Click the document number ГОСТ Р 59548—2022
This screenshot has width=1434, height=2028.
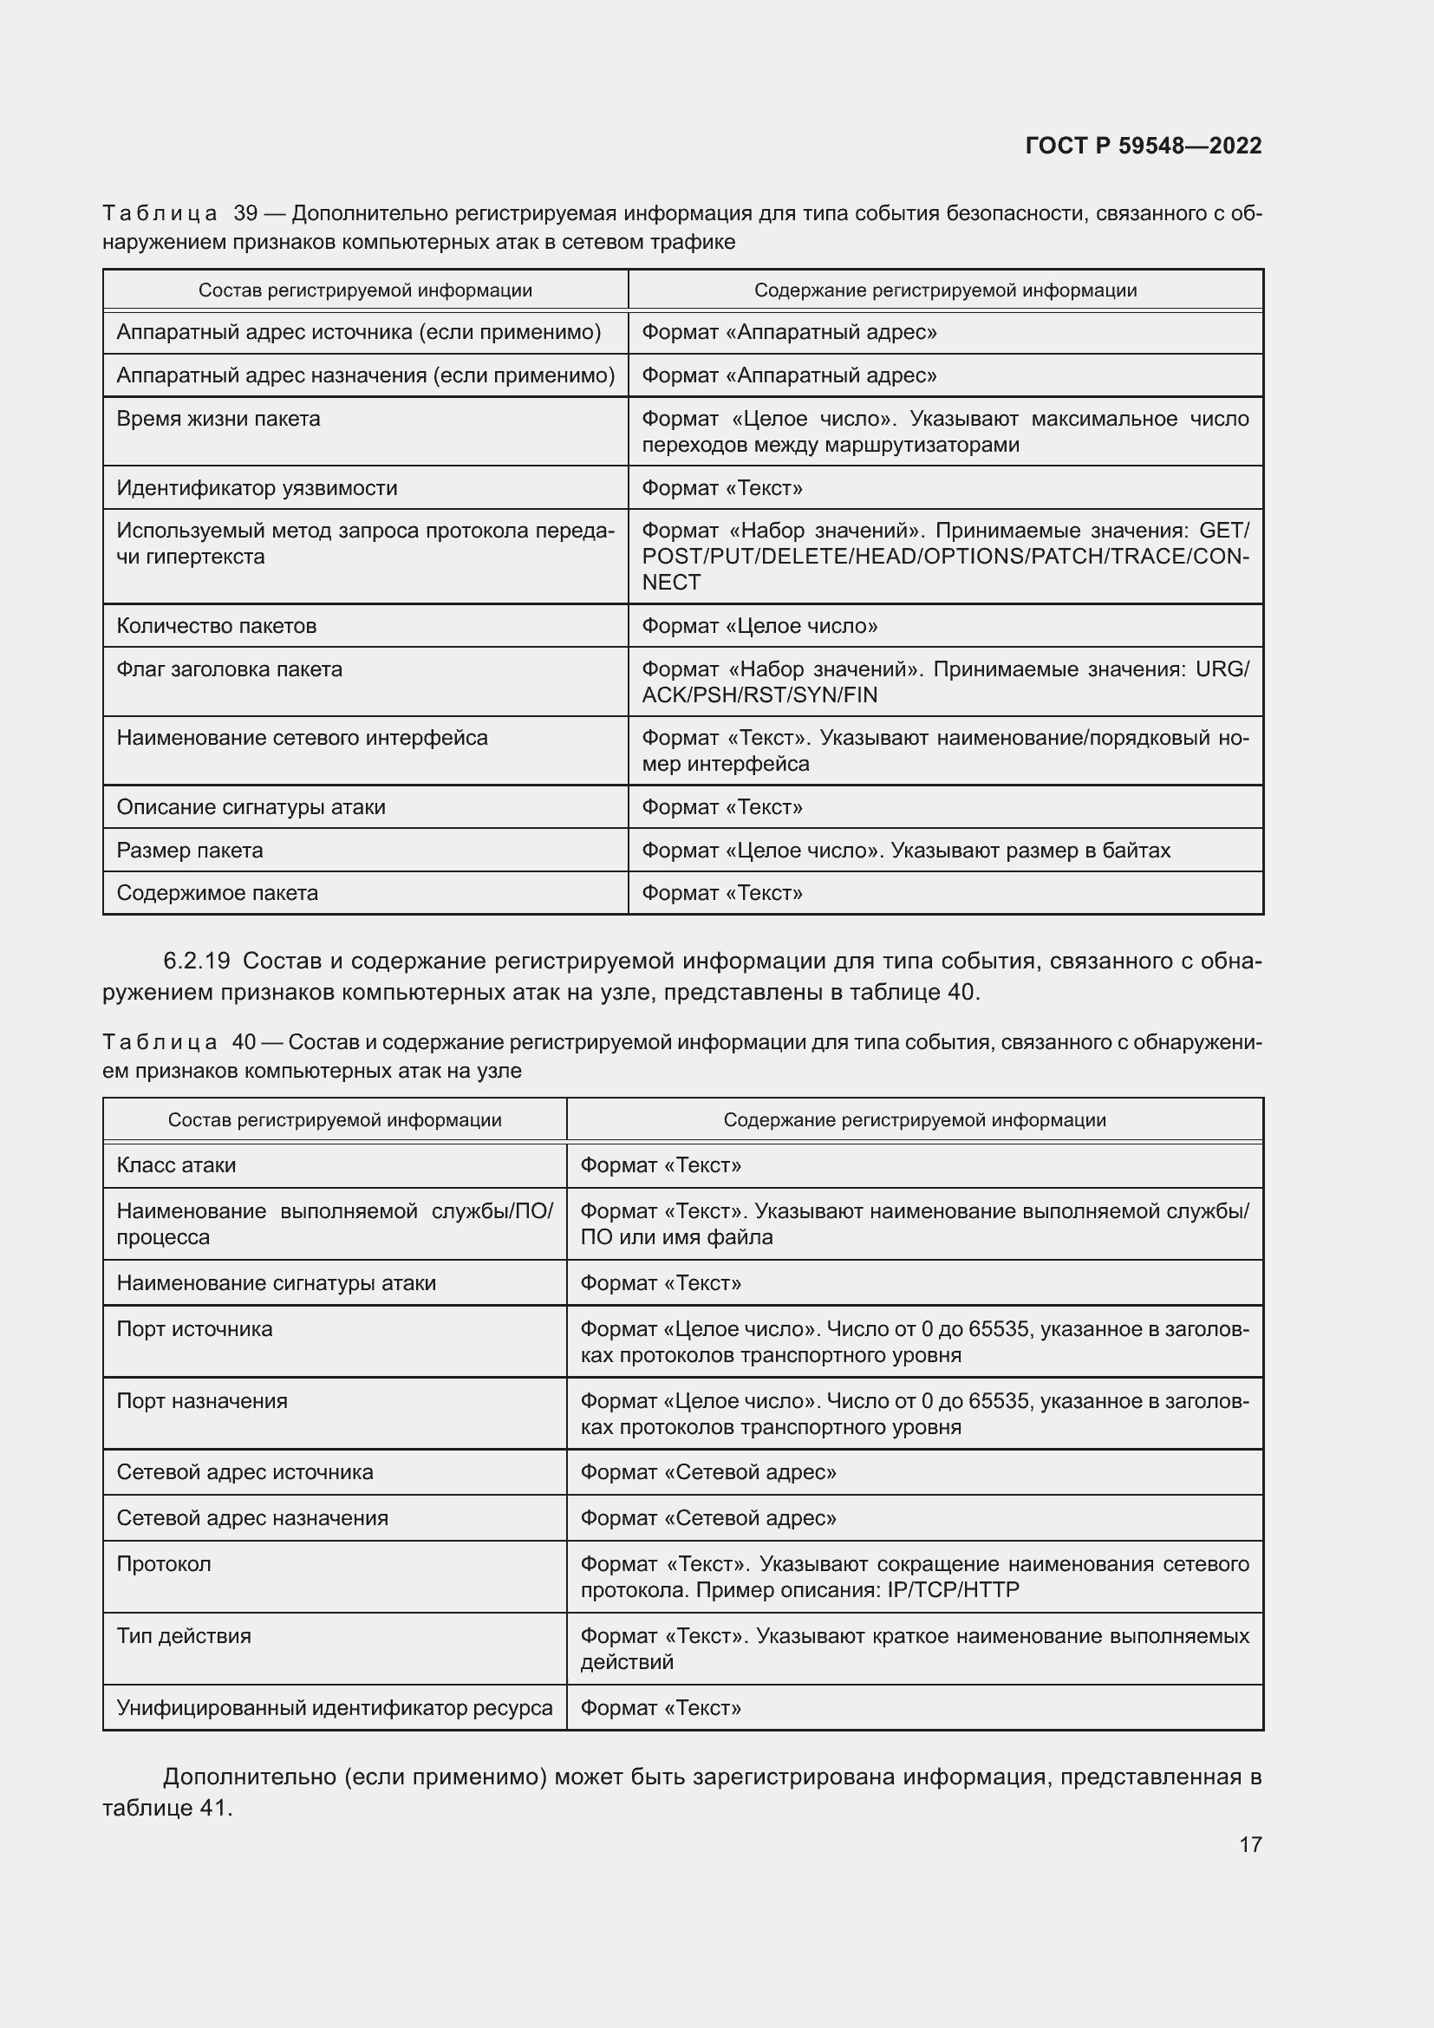pos(1143,146)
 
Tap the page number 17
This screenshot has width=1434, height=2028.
pos(1249,1844)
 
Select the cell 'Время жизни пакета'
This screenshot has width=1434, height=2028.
pos(218,419)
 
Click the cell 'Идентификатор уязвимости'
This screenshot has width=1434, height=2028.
pos(256,487)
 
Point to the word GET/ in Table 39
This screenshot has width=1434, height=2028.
pos(1223,531)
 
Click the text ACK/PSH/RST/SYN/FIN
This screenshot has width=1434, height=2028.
pos(759,695)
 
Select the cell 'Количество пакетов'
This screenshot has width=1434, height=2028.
pos(216,626)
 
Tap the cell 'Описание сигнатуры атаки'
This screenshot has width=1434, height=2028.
pos(251,807)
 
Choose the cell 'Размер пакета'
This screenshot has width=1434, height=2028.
pos(190,851)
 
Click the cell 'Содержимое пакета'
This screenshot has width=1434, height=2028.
pos(218,893)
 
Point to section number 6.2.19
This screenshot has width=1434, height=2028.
pos(196,961)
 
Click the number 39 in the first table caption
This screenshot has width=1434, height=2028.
pos(244,213)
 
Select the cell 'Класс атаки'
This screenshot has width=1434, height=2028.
pos(176,1165)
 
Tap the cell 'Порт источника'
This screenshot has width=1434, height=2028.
pos(194,1329)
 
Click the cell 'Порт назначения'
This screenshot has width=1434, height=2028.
pos(201,1401)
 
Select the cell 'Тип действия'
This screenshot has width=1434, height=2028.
pos(184,1636)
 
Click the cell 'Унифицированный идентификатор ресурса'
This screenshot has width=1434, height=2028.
pos(334,1707)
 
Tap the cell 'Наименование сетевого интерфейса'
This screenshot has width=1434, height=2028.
pos(301,738)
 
